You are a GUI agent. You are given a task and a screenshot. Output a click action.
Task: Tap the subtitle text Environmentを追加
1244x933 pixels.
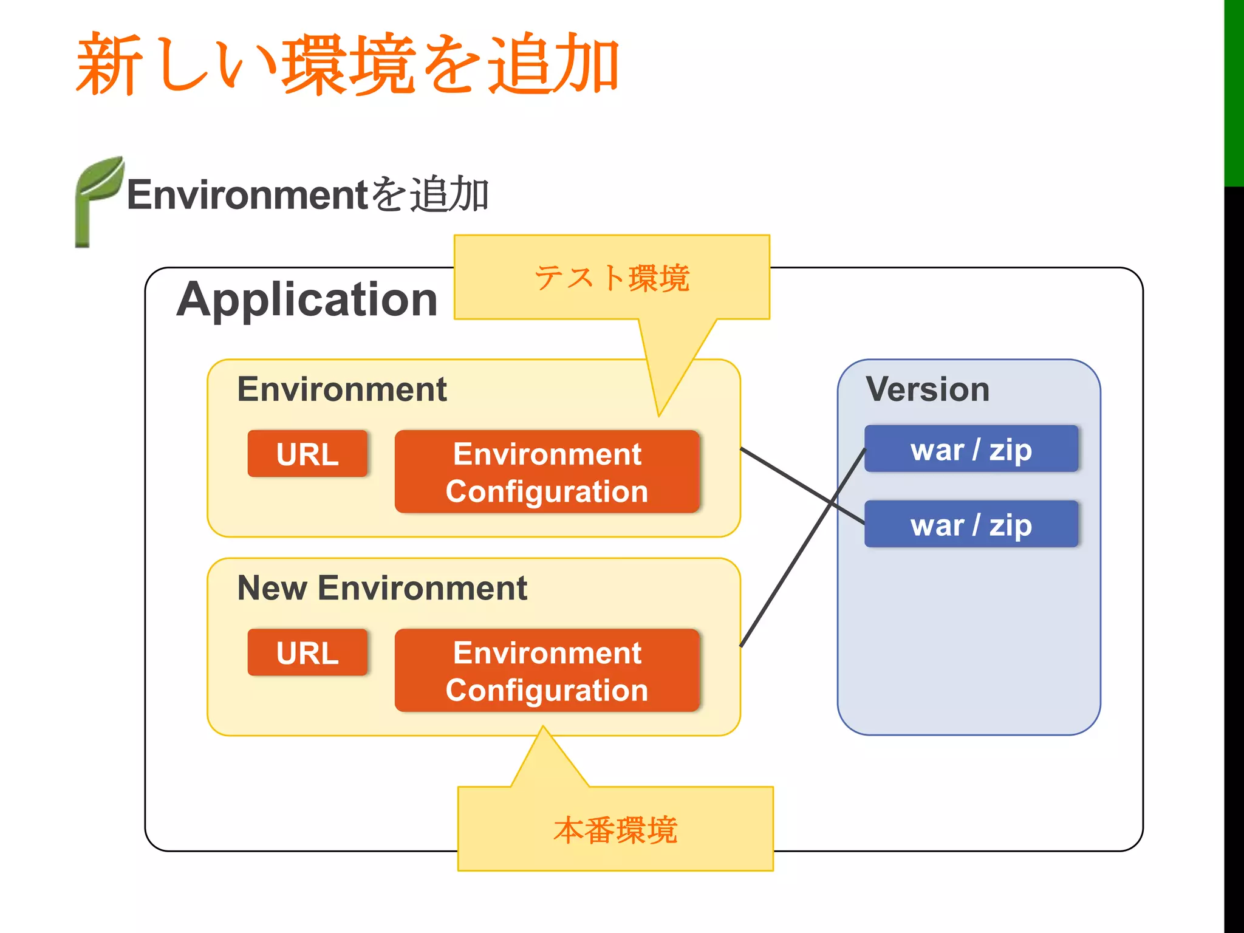(x=307, y=195)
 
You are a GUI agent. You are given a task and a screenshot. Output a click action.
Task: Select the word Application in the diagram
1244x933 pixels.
(x=307, y=299)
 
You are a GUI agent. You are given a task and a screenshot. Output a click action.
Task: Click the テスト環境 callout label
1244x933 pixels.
(x=612, y=278)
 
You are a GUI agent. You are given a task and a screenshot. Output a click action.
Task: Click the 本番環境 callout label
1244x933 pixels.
(x=615, y=830)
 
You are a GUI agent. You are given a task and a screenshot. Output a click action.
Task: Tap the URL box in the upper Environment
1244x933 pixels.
(x=307, y=454)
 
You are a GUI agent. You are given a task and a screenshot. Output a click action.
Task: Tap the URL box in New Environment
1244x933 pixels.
(x=307, y=653)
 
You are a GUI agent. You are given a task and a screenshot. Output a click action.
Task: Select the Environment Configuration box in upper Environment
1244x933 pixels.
(x=547, y=472)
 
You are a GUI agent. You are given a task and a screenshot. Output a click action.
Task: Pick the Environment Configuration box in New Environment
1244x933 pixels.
(x=547, y=671)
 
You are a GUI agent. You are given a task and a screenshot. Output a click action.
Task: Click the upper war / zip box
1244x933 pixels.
(x=971, y=449)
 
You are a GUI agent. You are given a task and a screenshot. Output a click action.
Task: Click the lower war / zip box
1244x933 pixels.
(x=971, y=524)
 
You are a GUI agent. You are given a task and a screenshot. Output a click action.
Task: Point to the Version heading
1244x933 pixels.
(x=927, y=389)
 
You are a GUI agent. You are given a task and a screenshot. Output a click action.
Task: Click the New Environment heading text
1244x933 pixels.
(x=382, y=588)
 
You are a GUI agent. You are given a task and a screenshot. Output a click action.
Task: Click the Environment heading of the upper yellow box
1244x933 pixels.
(x=342, y=389)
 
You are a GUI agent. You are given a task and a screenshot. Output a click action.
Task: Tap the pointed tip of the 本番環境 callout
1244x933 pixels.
(x=544, y=728)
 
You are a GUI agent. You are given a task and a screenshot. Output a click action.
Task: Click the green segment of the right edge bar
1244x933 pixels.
(x=1234, y=91)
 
